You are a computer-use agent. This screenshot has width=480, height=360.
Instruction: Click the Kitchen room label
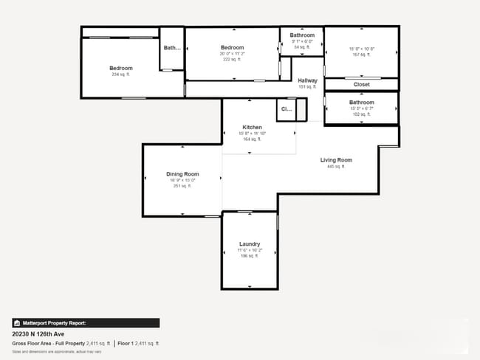(252, 127)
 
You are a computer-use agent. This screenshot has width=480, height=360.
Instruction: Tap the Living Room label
(336, 160)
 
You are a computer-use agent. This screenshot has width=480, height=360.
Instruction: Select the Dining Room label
(182, 174)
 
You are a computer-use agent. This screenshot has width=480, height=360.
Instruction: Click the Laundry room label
(250, 244)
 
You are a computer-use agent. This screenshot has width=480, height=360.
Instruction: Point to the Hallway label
(307, 80)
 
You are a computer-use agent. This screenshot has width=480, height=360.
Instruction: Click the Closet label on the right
(362, 85)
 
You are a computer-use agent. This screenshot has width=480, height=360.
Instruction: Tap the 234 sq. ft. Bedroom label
(121, 68)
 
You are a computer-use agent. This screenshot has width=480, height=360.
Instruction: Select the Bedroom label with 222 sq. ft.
(232, 48)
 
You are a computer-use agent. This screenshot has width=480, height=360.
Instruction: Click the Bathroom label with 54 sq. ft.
(302, 35)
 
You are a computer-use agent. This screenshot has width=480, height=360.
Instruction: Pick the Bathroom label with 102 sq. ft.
(362, 103)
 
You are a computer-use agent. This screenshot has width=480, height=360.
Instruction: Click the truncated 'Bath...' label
(172, 48)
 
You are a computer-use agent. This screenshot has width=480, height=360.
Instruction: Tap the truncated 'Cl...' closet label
(285, 110)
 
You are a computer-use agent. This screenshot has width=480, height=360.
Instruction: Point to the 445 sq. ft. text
(336, 167)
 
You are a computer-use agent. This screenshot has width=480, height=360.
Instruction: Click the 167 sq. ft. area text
(362, 54)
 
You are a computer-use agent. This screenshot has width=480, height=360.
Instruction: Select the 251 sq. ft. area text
(182, 186)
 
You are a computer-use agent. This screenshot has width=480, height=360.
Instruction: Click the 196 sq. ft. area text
(250, 256)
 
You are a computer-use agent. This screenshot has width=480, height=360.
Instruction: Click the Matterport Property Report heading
(54, 322)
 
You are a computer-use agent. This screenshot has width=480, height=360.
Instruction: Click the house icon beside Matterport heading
(17, 322)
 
